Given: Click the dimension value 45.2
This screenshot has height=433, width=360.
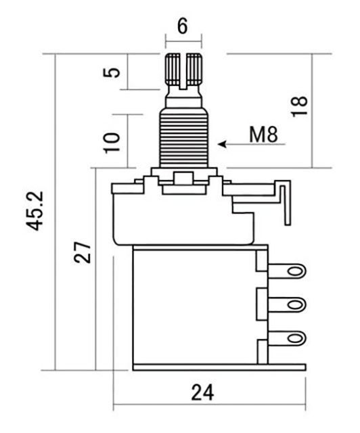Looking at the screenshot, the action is [35, 210].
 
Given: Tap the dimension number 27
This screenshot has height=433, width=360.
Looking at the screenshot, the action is [83, 252].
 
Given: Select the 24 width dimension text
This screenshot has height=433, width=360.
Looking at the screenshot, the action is [202, 392].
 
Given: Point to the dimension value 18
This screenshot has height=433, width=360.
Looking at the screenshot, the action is [300, 106].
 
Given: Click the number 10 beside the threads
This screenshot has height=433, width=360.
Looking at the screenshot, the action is [112, 142].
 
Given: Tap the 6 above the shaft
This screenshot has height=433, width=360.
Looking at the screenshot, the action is [182, 26].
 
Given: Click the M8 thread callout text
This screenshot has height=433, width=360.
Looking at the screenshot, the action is [263, 135].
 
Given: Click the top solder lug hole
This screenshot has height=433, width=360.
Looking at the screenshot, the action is [295, 271].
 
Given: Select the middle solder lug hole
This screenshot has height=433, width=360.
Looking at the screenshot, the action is [295, 305].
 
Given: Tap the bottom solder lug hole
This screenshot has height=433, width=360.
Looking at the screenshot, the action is [295, 338].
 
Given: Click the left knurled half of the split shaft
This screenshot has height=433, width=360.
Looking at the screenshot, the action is [172, 69].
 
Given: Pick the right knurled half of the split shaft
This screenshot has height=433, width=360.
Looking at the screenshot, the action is [194, 69].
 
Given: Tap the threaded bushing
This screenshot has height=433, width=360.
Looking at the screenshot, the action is [184, 137].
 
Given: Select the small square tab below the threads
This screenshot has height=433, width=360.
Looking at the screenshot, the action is [183, 178].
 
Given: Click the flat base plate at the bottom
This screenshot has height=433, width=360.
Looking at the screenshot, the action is [219, 367].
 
